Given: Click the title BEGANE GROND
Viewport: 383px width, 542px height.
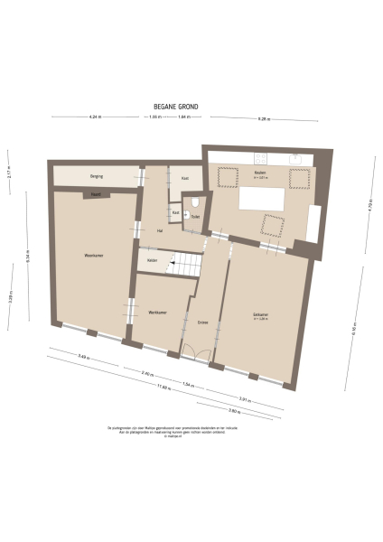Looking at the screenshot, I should tap(176, 106).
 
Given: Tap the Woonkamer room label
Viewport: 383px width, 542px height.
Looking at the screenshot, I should tap(92, 256).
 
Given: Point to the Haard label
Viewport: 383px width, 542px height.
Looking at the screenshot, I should tap(95, 193).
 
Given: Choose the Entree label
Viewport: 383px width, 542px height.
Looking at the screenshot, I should tap(202, 321).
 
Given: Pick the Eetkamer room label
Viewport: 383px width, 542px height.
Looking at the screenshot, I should tap(261, 315).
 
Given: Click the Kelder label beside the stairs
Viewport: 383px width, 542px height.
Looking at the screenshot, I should tap(154, 262).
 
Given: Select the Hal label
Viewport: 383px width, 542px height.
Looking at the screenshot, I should tap(159, 231).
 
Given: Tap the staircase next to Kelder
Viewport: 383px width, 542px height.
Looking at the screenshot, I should tap(187, 264).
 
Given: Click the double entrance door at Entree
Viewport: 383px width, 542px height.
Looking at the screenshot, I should tap(196, 353).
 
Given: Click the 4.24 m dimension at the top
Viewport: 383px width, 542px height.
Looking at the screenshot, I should tap(94, 118).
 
